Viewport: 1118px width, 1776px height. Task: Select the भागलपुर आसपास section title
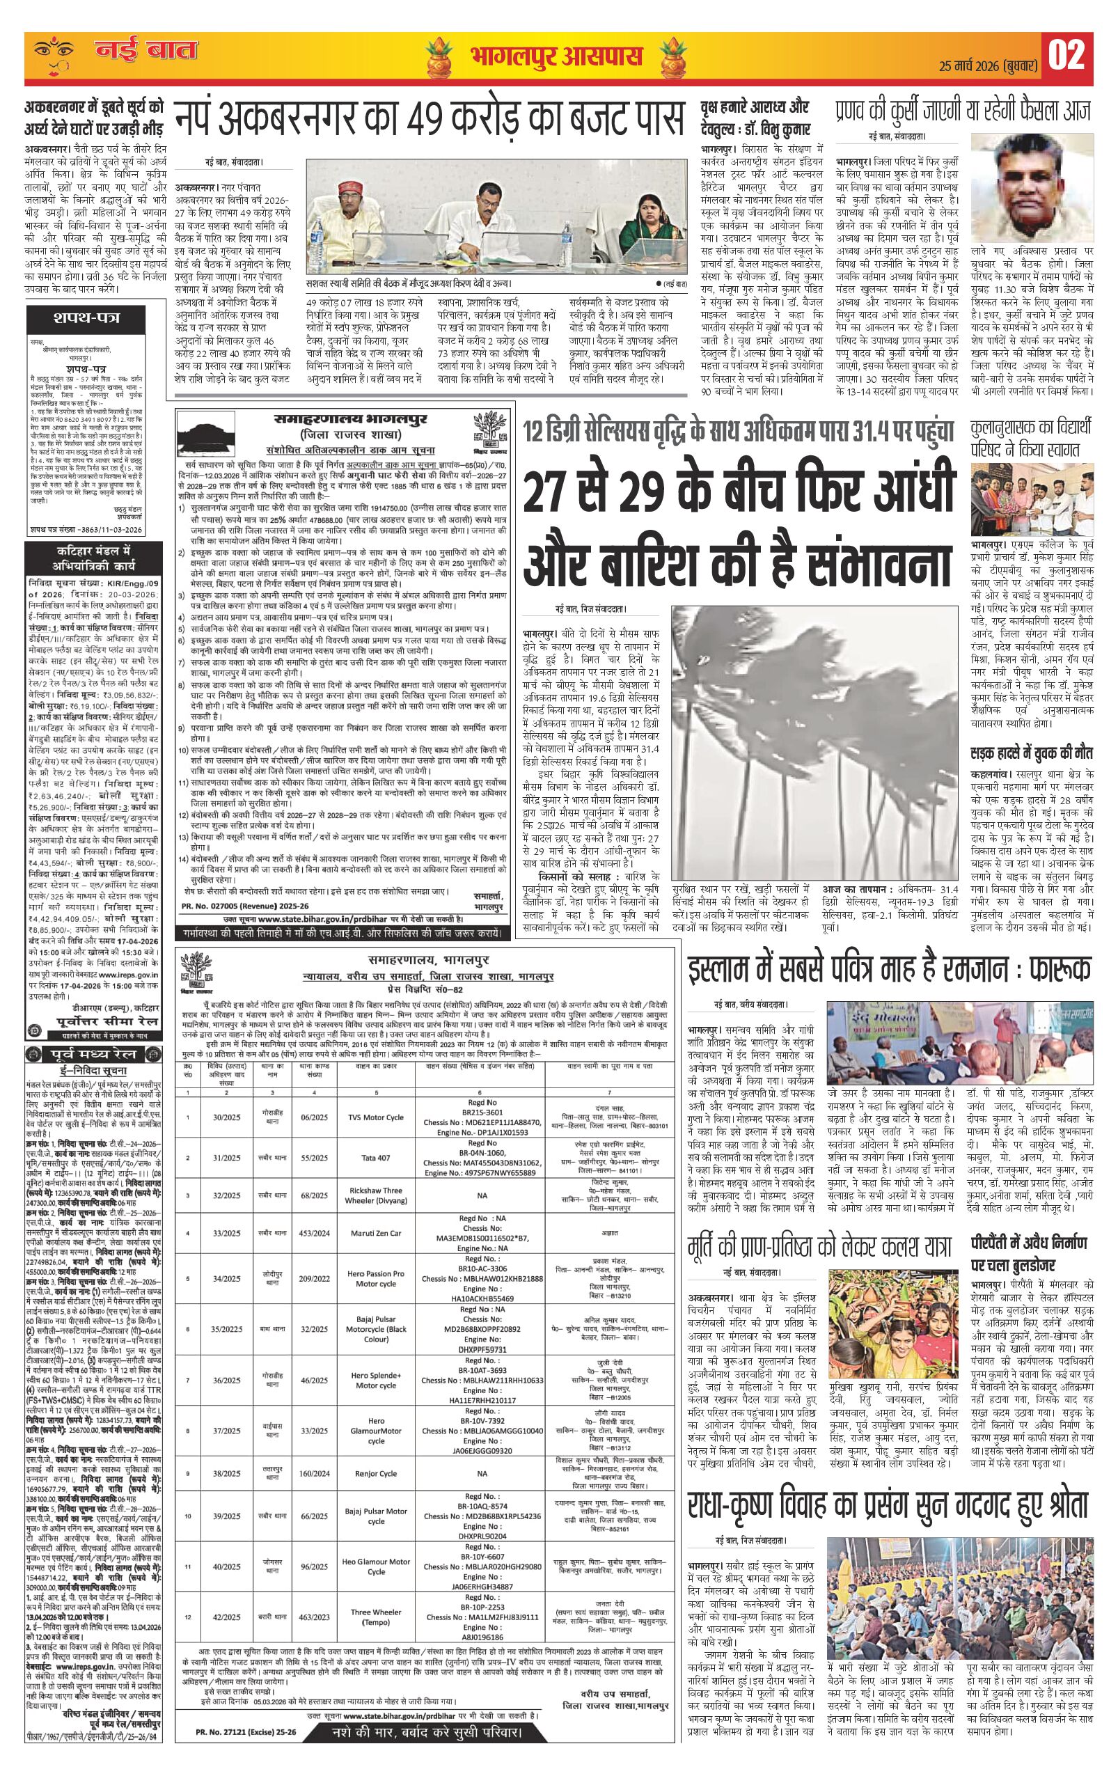pyautogui.click(x=555, y=57)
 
